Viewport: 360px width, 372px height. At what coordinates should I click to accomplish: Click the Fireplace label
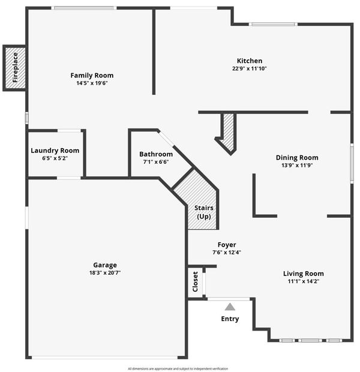pos(15,68)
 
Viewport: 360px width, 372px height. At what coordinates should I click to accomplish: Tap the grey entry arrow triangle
pos(230,307)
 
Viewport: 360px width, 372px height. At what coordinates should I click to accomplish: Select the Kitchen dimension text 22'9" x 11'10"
pos(250,69)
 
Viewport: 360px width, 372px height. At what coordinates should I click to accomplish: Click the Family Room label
pos(92,76)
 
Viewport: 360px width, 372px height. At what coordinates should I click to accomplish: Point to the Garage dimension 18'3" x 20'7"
pos(105,273)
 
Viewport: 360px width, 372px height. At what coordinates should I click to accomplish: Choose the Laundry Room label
pos(55,151)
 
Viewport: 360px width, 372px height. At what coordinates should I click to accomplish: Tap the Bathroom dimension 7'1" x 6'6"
pos(156,162)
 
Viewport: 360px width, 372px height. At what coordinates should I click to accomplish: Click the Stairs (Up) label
pos(204,212)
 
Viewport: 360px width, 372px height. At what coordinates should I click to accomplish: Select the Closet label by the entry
pos(196,281)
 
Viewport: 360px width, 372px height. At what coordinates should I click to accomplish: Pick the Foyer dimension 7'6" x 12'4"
pos(227,253)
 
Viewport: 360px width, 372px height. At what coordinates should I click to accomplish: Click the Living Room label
pos(303,274)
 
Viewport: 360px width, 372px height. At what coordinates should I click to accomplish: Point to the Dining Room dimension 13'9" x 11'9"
pos(297,166)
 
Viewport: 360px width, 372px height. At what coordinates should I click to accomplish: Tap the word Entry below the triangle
pos(230,319)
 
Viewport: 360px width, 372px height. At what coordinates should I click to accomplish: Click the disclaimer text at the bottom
pos(178,368)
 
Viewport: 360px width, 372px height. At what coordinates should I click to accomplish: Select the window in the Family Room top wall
pos(84,8)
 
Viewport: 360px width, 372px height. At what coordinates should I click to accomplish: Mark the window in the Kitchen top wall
pos(273,24)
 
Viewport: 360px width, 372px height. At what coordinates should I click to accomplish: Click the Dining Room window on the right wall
pos(352,163)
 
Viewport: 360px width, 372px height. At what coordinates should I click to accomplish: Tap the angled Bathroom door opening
pos(166,137)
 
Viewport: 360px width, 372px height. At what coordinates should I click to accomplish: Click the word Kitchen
pos(250,61)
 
